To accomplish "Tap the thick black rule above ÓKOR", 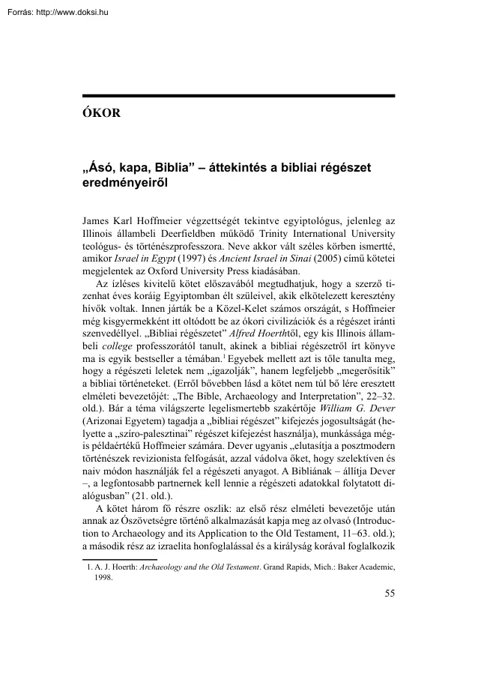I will coord(238,97).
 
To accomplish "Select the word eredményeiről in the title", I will coord(123,181).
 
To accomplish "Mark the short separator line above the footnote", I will coord(119,559).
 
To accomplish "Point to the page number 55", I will coord(389,594).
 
